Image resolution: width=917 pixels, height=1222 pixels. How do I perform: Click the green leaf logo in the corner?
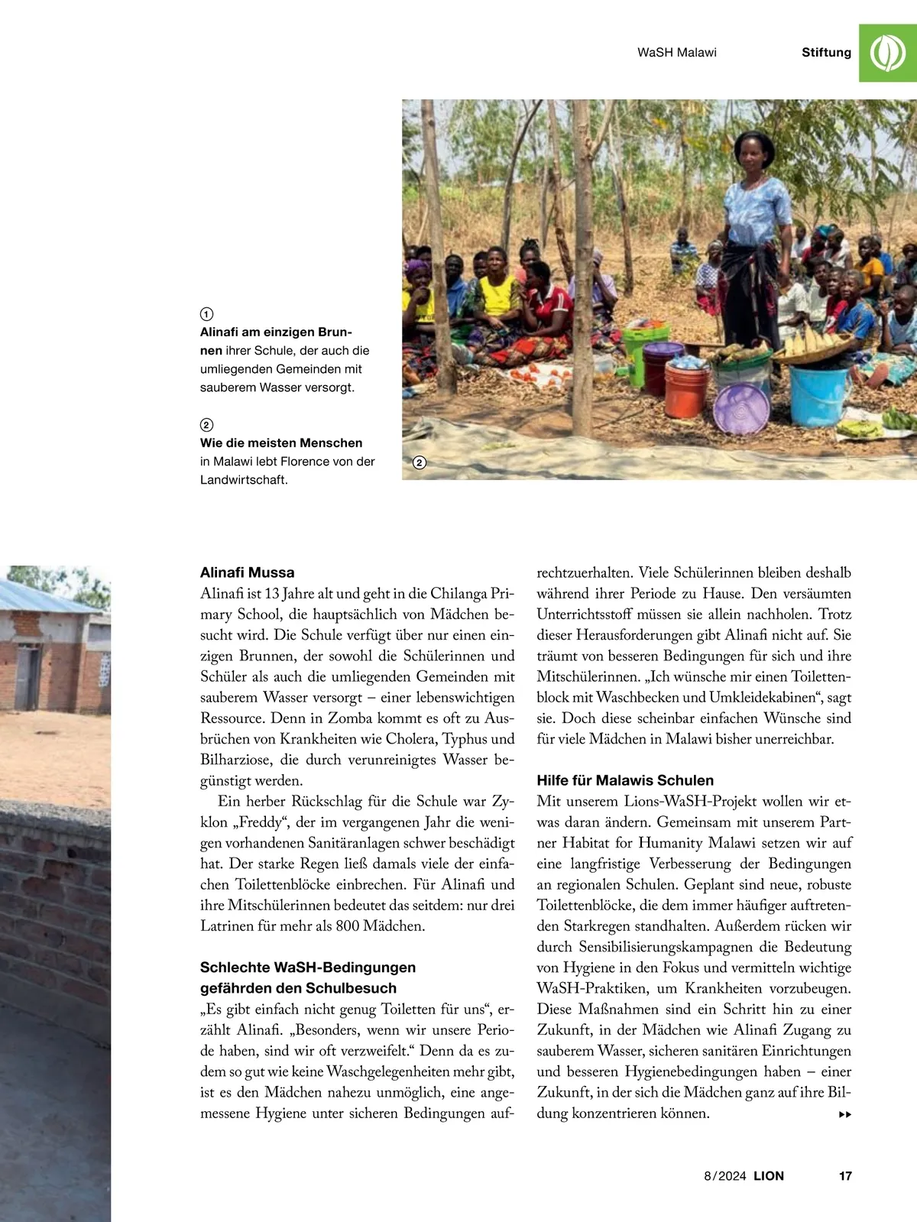tap(888, 53)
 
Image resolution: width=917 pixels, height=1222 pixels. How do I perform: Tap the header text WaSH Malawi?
tap(676, 53)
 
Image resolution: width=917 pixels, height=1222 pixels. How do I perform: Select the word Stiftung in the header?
tap(826, 53)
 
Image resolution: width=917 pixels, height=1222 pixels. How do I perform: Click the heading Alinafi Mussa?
tap(247, 572)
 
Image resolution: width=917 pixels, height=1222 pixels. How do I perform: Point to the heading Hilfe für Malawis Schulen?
tap(625, 780)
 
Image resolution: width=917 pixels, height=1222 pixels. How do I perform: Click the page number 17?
tap(845, 1176)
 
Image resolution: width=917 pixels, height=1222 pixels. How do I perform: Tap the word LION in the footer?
tap(769, 1176)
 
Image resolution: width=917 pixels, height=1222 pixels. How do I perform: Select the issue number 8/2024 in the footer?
tap(724, 1176)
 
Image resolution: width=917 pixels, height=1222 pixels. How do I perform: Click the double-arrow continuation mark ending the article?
tap(845, 1114)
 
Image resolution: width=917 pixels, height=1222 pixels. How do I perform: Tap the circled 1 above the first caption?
tap(206, 314)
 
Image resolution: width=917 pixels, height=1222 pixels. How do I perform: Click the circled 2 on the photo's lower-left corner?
tap(419, 462)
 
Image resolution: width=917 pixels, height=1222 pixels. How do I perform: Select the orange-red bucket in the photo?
tap(685, 389)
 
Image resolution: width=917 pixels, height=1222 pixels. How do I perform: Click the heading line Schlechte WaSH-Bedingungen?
tap(308, 968)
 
